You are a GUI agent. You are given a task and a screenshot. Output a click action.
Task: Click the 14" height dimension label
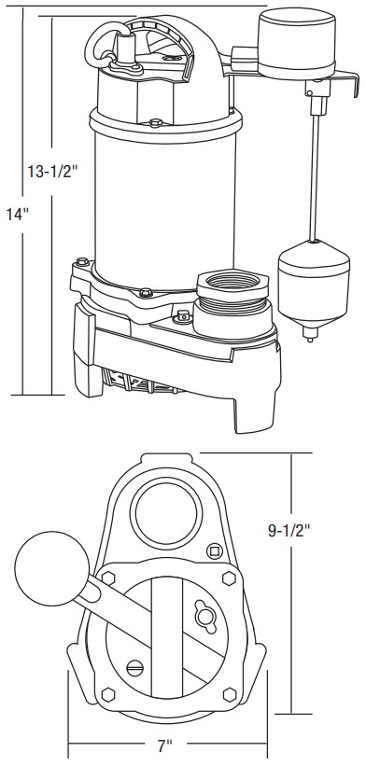[19, 215]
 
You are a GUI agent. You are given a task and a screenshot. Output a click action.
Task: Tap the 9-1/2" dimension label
[289, 531]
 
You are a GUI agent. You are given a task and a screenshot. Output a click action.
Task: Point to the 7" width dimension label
[165, 745]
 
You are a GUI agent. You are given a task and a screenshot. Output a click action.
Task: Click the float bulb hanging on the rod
[314, 283]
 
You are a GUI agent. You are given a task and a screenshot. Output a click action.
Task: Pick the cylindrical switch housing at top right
[297, 43]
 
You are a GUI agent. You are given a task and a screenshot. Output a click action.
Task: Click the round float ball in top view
[52, 568]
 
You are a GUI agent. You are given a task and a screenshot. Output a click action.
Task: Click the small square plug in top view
[214, 551]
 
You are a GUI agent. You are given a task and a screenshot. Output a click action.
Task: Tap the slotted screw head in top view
[134, 666]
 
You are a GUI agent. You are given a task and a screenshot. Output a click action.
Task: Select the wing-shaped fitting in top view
[205, 616]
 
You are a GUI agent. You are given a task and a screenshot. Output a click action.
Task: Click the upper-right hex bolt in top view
[229, 578]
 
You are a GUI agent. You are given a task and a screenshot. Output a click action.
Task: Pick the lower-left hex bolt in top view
[108, 694]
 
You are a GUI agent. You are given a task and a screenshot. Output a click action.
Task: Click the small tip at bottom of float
[310, 335]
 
